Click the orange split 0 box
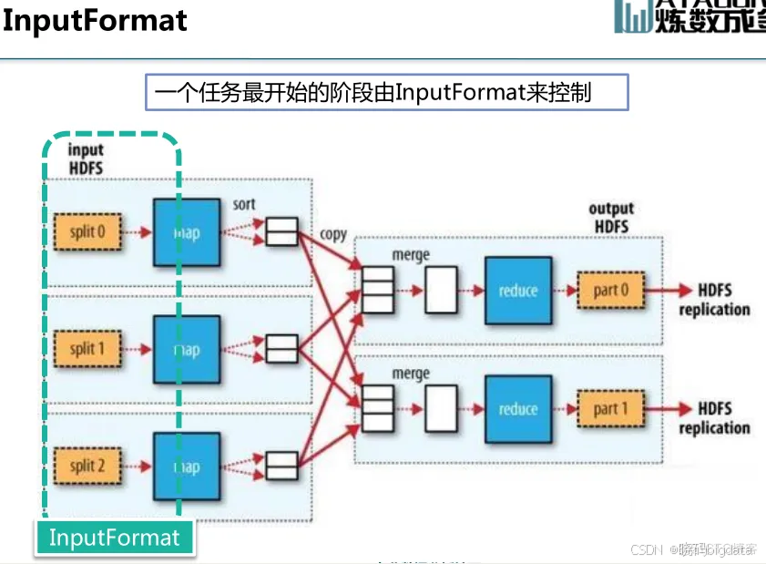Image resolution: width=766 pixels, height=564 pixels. coord(88,232)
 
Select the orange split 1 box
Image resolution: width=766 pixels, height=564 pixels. coord(88,350)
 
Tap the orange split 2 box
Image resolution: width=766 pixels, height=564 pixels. coord(88,467)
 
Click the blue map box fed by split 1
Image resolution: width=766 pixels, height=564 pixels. coord(187,350)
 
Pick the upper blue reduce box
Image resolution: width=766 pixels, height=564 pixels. coord(517,291)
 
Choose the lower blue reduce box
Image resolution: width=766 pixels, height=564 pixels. coord(517,409)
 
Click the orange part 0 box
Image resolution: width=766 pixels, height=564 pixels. coord(611,291)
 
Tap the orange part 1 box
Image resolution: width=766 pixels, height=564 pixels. coord(611,409)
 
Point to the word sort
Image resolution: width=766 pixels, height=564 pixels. coord(244,203)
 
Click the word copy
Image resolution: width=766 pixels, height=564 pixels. coord(333,234)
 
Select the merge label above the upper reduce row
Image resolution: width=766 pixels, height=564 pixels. coord(410,256)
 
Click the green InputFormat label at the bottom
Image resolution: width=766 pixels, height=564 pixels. coord(115,537)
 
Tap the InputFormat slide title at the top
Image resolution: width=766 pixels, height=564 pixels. coord(95,20)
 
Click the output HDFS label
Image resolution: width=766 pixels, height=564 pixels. coord(611,218)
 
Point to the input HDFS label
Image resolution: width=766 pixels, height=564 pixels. coord(87,159)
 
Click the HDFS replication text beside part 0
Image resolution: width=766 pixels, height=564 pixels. coord(714,300)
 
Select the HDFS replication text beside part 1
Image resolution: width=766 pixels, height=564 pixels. coord(714,418)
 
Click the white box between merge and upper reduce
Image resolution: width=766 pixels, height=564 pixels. coord(442,291)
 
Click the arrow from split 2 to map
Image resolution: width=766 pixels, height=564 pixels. coord(137,467)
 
